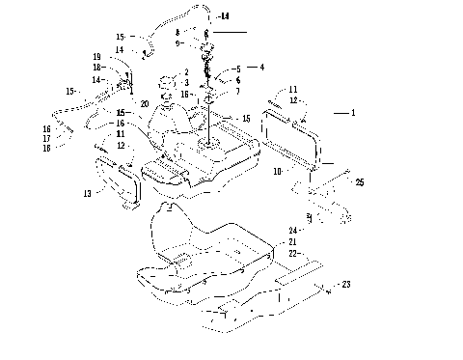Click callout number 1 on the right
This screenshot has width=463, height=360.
point(353,113)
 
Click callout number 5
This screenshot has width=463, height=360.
point(237,69)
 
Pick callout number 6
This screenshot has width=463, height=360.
point(237,80)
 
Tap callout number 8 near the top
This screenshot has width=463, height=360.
point(191,34)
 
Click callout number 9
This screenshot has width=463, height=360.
point(191,43)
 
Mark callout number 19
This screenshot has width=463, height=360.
point(98,56)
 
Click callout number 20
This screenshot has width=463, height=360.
point(145,103)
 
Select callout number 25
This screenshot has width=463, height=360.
point(360,181)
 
